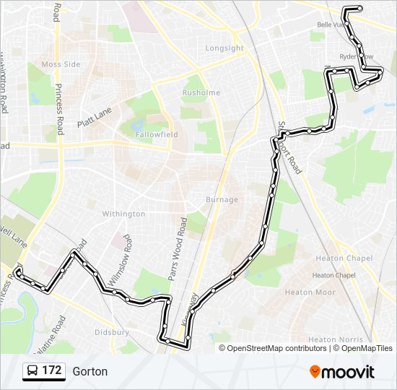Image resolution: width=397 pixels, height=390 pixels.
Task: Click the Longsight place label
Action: (224, 48)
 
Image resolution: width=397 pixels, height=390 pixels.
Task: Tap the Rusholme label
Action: (196, 92)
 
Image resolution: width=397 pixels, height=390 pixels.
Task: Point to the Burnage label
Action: (222, 199)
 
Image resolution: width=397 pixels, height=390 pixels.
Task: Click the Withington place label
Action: (123, 214)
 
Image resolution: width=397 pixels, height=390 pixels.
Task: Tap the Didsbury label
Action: (112, 332)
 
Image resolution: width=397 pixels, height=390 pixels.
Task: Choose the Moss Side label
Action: (61, 64)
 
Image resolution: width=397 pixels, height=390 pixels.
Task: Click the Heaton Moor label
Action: (310, 292)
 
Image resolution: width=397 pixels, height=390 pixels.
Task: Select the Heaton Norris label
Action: (331, 339)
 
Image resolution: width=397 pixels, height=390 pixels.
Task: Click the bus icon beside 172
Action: (32, 371)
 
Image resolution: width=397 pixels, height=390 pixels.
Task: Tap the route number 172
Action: (51, 371)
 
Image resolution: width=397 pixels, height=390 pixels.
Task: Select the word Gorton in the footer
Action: (90, 371)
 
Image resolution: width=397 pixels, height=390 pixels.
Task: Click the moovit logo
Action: (342, 372)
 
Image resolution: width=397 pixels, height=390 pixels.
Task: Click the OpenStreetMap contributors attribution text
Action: (277, 348)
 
